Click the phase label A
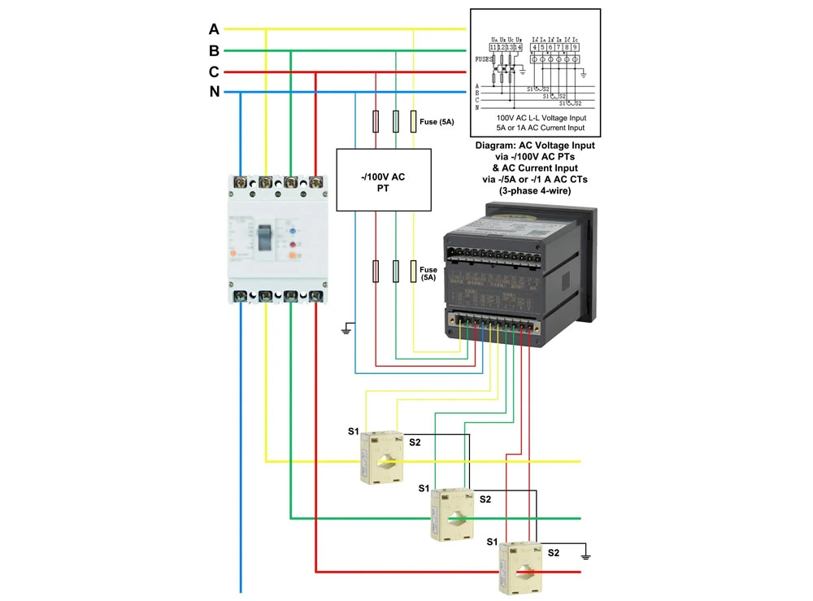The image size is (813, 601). pos(214,29)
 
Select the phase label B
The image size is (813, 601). pos(214,50)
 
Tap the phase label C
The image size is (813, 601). pos(214,72)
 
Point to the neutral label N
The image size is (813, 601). pos(215,92)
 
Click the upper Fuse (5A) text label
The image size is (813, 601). pos(437,123)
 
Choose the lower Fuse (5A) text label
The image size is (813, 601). pos(428,273)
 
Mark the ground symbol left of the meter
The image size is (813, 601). pos(346,329)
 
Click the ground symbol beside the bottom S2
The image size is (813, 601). pos(585,556)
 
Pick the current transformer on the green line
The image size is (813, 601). pos(452,514)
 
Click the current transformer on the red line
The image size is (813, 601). pos(520,568)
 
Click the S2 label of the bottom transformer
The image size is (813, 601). pos(554,553)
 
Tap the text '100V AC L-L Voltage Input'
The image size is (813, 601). pos(536,118)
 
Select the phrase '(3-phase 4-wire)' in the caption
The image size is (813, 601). pos(535,190)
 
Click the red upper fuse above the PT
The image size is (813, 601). pos(376,122)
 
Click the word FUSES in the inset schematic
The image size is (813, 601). pos(485,59)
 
